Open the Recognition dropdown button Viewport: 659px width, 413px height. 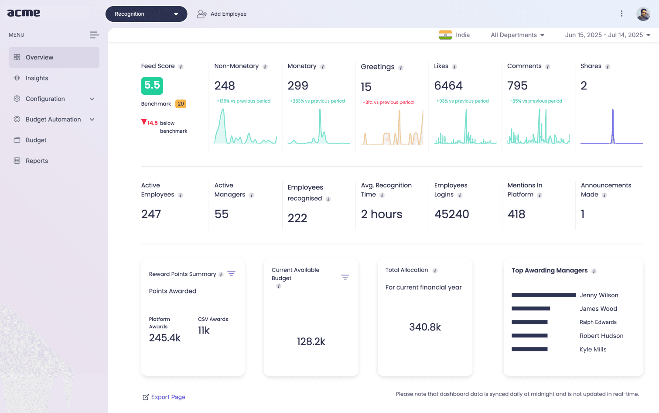coord(146,14)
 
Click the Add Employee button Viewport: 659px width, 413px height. coord(222,14)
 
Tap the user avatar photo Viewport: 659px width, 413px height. coord(643,14)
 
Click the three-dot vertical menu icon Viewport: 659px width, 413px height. coord(621,14)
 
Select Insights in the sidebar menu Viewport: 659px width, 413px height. coord(37,78)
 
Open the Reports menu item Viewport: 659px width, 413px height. coord(37,161)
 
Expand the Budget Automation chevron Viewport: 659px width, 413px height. coord(92,120)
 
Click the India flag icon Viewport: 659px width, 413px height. coord(445,35)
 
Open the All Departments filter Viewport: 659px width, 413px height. coord(518,35)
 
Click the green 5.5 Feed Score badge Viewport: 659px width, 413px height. coord(152,86)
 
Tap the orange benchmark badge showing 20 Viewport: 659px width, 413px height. coord(181,104)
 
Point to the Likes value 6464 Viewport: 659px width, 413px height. coord(448,86)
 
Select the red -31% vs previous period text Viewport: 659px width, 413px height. coord(388,102)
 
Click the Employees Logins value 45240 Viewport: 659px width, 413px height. coord(451,214)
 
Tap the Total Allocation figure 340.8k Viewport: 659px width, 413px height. coord(425,327)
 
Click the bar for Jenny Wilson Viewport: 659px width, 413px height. coord(544,295)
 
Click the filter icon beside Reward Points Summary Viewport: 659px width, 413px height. coord(232,274)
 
